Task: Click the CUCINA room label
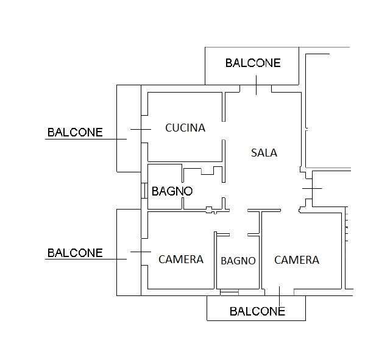tap(185, 128)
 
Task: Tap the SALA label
tap(264, 153)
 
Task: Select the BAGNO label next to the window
tap(172, 191)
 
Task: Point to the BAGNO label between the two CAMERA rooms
tap(238, 261)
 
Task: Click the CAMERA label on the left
tap(181, 259)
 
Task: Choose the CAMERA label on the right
tap(297, 260)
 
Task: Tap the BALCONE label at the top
tap(253, 63)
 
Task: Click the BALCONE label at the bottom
tap(257, 311)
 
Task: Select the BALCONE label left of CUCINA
tap(75, 132)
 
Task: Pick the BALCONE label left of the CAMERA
tap(75, 253)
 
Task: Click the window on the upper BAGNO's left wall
tap(144, 191)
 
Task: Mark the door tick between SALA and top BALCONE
tap(257, 85)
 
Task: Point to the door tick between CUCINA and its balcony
tap(141, 129)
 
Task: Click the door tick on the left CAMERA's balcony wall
tap(141, 252)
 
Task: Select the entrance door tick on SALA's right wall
tap(312, 188)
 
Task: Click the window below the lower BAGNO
tap(229, 292)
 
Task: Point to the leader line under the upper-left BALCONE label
tap(86, 139)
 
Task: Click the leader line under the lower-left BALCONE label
tap(86, 259)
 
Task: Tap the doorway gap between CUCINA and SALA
tap(224, 130)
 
